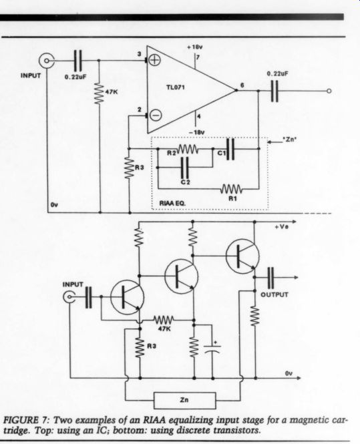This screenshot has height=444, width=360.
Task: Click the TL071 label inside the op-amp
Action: click(x=176, y=87)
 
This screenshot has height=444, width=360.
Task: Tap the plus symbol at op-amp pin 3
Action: click(x=155, y=60)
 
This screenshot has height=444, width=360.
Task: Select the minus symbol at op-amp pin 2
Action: click(x=156, y=116)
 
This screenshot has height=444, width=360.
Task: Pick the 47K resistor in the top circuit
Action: click(x=99, y=93)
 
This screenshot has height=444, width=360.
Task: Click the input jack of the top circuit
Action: click(x=46, y=61)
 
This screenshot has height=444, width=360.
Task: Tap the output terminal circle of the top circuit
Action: click(x=329, y=91)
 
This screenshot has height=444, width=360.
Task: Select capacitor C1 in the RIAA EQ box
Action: click(x=230, y=149)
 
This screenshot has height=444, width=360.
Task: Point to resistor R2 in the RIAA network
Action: click(x=187, y=149)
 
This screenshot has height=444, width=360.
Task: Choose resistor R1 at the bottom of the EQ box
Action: click(x=231, y=188)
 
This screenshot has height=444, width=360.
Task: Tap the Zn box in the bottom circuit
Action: click(x=184, y=401)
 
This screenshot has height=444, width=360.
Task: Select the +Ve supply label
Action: click(x=282, y=227)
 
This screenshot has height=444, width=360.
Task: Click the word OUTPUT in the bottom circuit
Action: click(x=275, y=294)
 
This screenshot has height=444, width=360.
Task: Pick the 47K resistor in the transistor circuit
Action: click(x=164, y=320)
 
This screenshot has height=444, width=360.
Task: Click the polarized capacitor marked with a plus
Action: click(x=212, y=349)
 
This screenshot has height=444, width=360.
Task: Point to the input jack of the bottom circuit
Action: click(x=69, y=297)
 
